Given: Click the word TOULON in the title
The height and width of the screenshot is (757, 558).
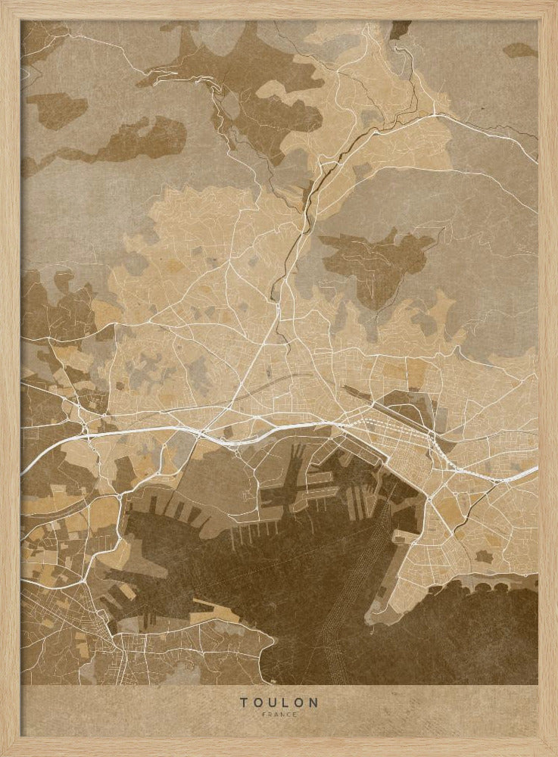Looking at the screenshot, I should [279, 702].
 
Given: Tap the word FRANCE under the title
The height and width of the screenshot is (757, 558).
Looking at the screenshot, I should [279, 715].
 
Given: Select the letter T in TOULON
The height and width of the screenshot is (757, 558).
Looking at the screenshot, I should [244, 702].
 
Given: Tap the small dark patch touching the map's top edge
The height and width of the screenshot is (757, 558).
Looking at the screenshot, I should [400, 28].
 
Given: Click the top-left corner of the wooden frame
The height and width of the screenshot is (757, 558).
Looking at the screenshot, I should [4, 4].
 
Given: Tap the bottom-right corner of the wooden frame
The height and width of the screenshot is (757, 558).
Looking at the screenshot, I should [553, 752].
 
